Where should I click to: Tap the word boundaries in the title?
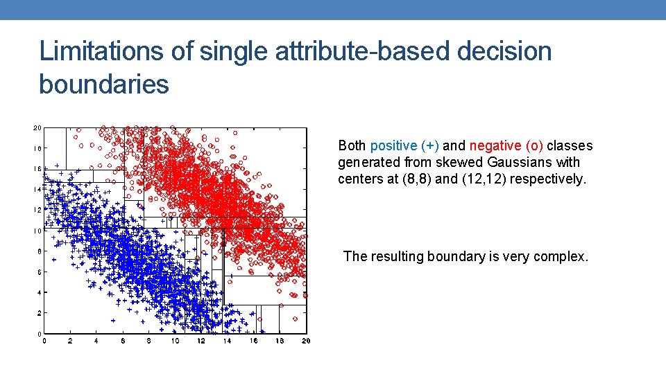pos(104,84)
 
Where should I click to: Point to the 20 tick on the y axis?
pos(37,127)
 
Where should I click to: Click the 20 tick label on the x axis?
pos(306,341)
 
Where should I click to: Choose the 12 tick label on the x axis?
pos(201,341)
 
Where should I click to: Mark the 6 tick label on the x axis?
pos(123,341)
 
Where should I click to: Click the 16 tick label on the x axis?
pos(253,341)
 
